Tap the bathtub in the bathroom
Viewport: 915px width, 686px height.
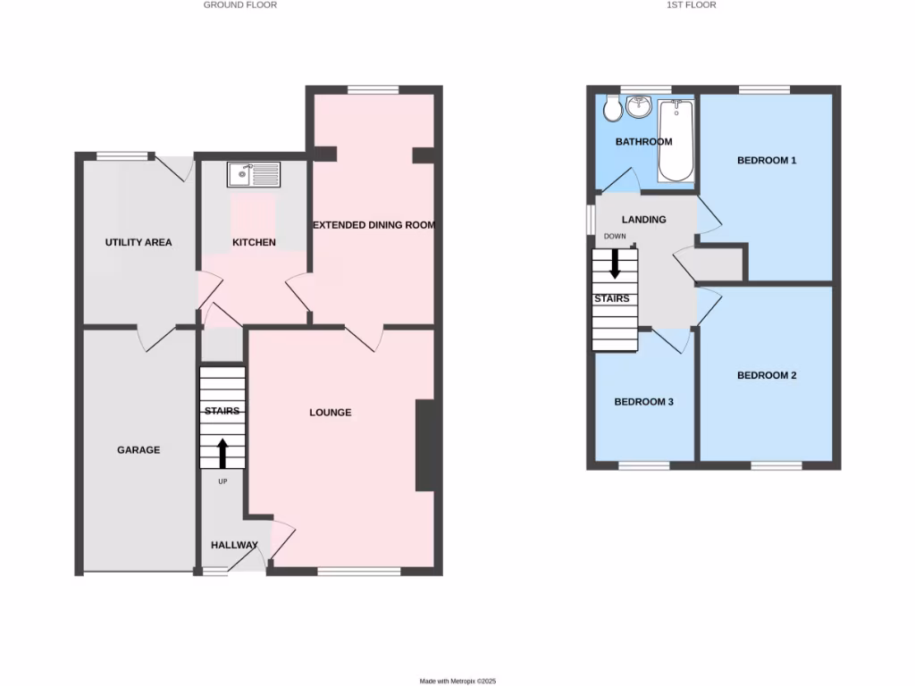click(x=676, y=140)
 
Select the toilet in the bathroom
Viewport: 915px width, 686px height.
click(x=612, y=110)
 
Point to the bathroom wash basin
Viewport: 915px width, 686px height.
click(x=639, y=108)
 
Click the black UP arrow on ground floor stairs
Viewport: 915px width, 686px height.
click(x=222, y=453)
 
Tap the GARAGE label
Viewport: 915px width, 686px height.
click(x=139, y=450)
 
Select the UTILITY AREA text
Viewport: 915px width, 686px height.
click(x=139, y=242)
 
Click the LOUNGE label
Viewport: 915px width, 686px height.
click(x=331, y=413)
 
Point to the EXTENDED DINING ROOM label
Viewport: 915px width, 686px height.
click(x=374, y=225)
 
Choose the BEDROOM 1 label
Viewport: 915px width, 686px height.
click(x=766, y=161)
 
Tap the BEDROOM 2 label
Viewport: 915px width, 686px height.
click(x=766, y=376)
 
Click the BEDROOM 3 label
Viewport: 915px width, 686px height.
click(x=643, y=402)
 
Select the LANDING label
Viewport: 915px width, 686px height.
click(x=643, y=220)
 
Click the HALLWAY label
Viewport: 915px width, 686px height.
click(x=234, y=545)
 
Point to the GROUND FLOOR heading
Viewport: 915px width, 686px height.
click(x=240, y=5)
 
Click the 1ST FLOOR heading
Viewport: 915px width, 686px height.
click(x=691, y=5)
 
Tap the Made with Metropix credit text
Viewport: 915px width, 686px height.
click(x=457, y=681)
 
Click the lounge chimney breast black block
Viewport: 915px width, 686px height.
click(x=424, y=446)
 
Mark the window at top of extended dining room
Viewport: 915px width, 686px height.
click(x=373, y=89)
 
